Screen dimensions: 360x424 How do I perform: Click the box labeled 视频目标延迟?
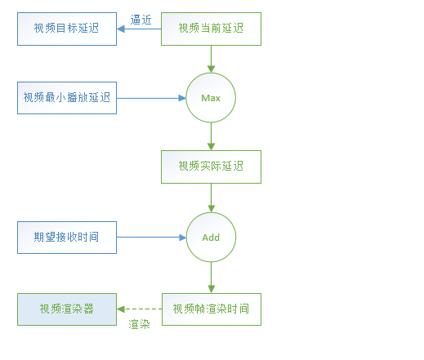[67, 29]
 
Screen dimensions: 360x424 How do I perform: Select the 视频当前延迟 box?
[211, 29]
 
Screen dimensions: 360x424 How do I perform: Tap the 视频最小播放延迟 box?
[67, 98]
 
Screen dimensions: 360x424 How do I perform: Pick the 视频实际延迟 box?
[211, 167]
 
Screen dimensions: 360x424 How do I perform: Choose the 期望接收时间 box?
[67, 238]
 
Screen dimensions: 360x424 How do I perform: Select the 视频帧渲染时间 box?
[211, 309]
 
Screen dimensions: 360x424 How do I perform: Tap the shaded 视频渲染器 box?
[67, 309]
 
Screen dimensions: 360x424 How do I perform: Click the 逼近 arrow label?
[140, 19]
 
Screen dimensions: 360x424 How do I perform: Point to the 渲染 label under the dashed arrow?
[139, 324]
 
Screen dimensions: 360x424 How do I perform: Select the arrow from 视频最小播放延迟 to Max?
[151, 98]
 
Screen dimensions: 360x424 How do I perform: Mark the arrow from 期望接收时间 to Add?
[151, 238]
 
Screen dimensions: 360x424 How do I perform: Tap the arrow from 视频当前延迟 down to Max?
[211, 59]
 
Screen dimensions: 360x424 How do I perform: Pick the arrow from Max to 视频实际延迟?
[211, 136]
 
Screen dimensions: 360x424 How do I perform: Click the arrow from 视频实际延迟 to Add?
[211, 198]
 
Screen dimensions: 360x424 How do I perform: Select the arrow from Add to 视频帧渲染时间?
[211, 277]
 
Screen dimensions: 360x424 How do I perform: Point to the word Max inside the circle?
[211, 98]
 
